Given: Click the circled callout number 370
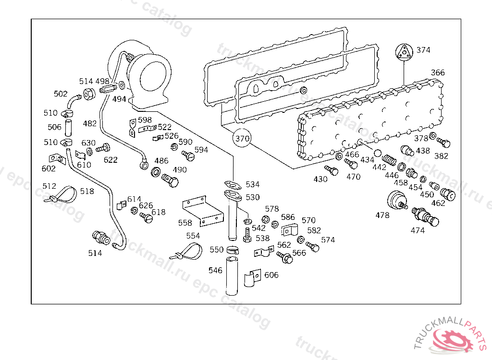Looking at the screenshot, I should pos(242,139).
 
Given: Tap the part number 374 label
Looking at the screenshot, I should pos(423,50).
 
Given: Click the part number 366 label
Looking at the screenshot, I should pos(438,73).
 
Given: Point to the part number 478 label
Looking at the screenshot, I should pos(382,216).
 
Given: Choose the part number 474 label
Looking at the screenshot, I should pos(418,230).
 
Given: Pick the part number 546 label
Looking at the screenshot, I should pos(215,271).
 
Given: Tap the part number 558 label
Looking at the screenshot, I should pos(185,223).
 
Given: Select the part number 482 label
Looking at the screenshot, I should pos(89,123).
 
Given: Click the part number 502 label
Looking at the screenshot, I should pos(61,94).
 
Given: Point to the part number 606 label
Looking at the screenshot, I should pos(271,275).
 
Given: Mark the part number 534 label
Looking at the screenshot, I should pos(252,184).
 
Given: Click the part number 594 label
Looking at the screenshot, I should pos(201,150).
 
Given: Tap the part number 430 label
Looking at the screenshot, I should pos(320,180).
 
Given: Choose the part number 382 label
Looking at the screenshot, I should pos(441,156).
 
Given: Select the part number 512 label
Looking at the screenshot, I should pos(49,186).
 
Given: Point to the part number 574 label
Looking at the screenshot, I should pos(328,240).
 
